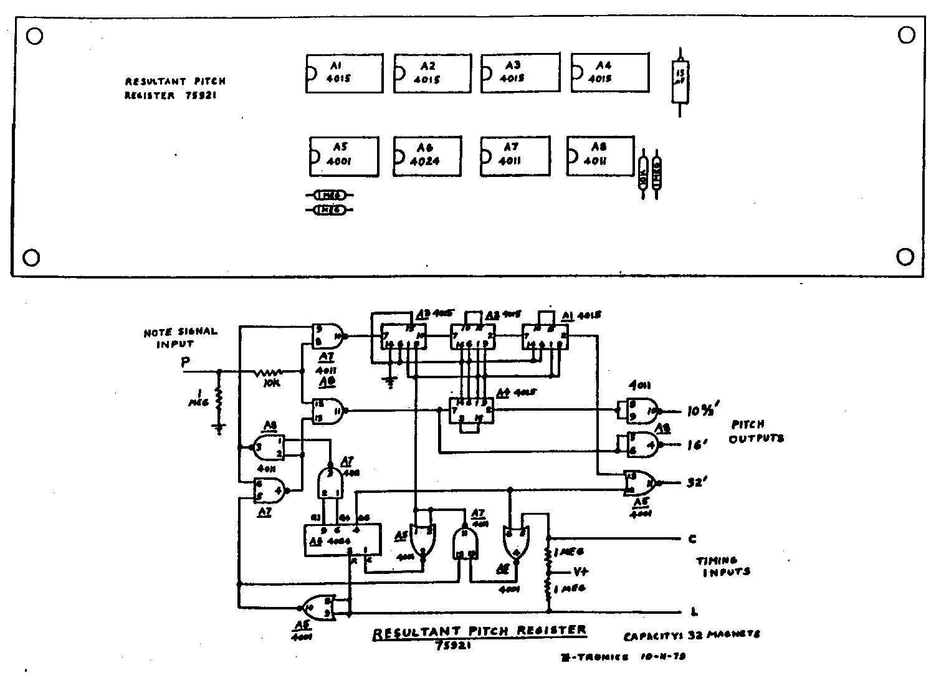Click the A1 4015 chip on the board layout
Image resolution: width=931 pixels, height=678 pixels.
click(x=344, y=74)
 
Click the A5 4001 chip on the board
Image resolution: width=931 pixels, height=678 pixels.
click(x=344, y=156)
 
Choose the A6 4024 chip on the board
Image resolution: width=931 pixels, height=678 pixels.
click(x=427, y=156)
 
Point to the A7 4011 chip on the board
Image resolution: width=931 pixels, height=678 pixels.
click(x=515, y=156)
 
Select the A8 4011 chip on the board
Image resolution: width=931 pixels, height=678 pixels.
click(x=600, y=156)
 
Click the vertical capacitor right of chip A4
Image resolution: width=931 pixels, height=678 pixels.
click(x=680, y=81)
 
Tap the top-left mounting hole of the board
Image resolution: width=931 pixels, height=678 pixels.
click(x=35, y=36)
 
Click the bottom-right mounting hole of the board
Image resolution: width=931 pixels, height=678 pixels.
click(x=904, y=256)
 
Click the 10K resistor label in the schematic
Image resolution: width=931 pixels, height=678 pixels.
click(x=271, y=383)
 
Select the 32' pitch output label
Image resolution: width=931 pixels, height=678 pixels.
click(x=696, y=483)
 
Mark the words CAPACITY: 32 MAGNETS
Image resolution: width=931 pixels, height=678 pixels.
click(x=692, y=635)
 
